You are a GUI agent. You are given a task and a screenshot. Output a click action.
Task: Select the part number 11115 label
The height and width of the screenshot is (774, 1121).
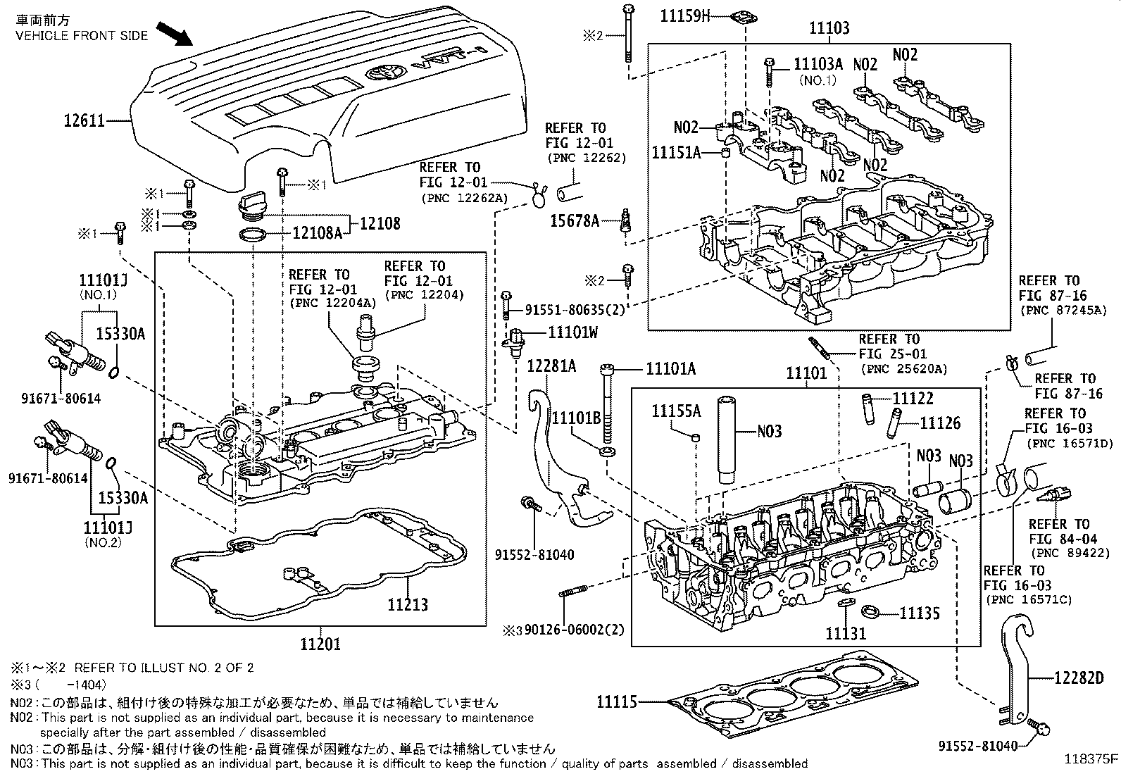(x=617, y=701)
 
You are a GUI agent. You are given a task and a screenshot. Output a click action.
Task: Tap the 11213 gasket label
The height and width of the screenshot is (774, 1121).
(x=407, y=604)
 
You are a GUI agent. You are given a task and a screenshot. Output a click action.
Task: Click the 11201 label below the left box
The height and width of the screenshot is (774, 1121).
(x=320, y=644)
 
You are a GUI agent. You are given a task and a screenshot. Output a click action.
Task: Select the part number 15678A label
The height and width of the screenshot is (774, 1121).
(x=574, y=222)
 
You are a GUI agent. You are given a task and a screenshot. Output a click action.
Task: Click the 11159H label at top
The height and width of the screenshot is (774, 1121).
(x=685, y=15)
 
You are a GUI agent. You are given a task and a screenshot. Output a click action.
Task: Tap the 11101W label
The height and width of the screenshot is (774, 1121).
(x=573, y=332)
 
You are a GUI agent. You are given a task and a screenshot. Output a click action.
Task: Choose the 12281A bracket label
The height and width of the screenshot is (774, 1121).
(x=551, y=366)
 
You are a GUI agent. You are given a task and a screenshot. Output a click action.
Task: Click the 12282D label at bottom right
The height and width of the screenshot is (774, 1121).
(x=1078, y=678)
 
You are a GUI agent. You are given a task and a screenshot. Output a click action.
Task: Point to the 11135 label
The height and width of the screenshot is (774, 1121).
(x=919, y=613)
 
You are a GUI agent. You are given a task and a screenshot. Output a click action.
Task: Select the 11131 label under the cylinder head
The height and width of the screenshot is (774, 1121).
(x=846, y=633)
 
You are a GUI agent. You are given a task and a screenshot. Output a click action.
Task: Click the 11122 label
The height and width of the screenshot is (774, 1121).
(x=913, y=399)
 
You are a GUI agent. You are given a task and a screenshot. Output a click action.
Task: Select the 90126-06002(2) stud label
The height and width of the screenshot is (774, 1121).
(x=571, y=630)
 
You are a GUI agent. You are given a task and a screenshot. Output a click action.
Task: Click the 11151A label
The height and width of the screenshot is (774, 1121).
(x=676, y=153)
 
